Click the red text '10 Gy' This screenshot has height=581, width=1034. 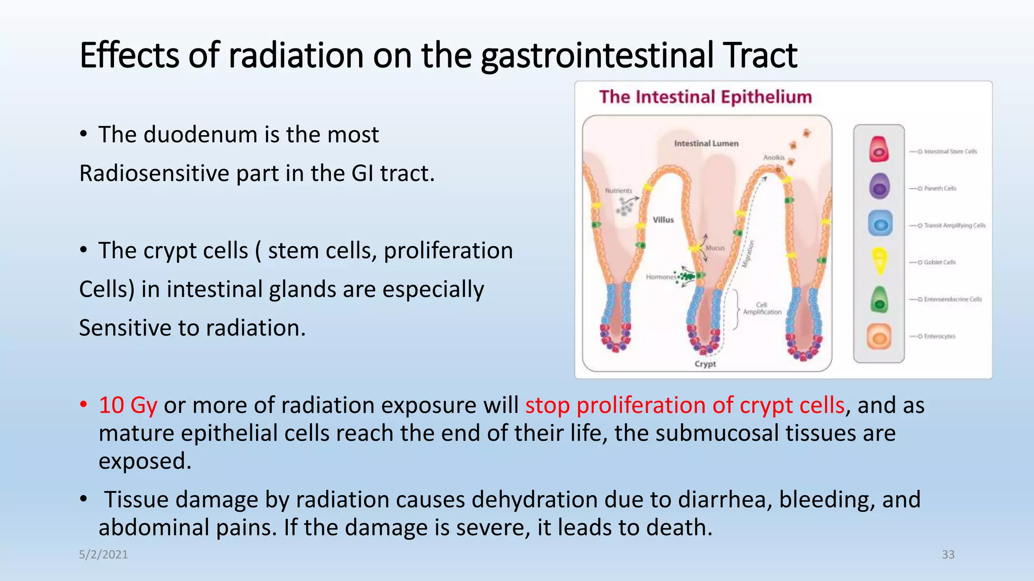[x=128, y=405]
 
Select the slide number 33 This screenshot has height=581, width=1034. [x=948, y=554]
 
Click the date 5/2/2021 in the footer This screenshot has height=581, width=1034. [x=104, y=554]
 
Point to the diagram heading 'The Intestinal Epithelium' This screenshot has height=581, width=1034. [x=705, y=97]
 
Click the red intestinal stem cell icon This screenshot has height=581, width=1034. [x=879, y=149]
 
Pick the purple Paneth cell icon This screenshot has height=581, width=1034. [x=879, y=186]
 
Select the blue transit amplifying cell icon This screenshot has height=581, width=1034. [x=880, y=224]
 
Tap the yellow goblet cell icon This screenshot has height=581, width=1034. [x=880, y=260]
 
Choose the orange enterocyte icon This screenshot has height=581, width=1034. [x=879, y=336]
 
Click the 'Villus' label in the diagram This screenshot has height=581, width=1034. [x=663, y=220]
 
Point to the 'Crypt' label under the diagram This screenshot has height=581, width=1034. [x=705, y=364]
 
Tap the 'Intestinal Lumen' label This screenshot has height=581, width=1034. [x=706, y=144]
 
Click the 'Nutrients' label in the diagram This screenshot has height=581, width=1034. [x=618, y=191]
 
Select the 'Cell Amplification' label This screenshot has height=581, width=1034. [x=762, y=309]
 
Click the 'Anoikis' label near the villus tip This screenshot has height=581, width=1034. [x=773, y=158]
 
